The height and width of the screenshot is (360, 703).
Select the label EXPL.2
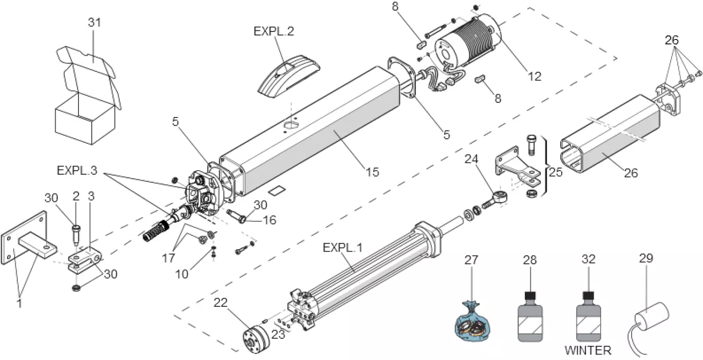pyautogui.click(x=274, y=31)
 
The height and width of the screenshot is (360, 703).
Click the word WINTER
pyautogui.click(x=588, y=350)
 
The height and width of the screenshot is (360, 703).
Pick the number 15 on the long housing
pyautogui.click(x=372, y=172)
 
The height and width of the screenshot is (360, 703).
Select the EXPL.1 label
pyautogui.click(x=343, y=248)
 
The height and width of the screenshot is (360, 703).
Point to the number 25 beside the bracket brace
pyautogui.click(x=556, y=172)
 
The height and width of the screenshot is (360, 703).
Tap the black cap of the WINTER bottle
pyautogui.click(x=588, y=296)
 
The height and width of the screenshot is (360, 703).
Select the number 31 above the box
pyautogui.click(x=94, y=23)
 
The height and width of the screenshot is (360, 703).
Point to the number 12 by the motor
pyautogui.click(x=534, y=76)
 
